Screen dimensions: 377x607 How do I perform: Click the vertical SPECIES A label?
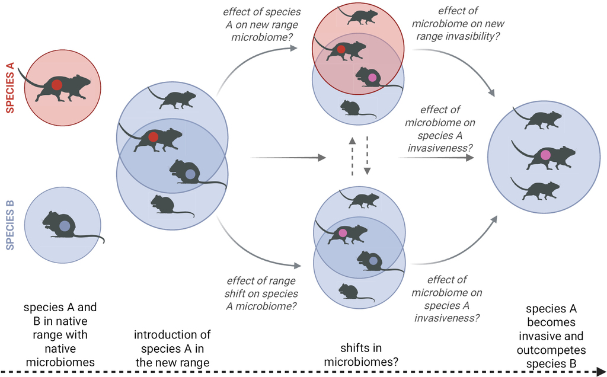pos(10,88)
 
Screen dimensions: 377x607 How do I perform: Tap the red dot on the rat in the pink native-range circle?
pos(56,85)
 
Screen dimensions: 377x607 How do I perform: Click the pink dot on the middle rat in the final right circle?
pos(545,155)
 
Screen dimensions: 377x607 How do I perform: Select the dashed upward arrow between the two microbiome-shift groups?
pos(352,158)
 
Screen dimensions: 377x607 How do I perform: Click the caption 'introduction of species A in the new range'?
pos(172,349)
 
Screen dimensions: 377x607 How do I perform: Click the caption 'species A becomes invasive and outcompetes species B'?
pos(551,336)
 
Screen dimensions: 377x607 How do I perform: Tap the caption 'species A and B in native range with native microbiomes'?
pos(60,336)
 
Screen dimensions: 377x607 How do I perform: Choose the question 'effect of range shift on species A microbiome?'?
pos(261,293)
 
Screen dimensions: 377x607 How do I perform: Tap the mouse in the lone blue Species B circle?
pos(62,226)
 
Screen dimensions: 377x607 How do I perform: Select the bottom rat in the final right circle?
pos(539,190)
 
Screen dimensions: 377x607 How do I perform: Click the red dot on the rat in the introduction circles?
pos(153,138)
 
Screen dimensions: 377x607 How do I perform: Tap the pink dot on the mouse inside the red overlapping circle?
pos(372,77)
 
